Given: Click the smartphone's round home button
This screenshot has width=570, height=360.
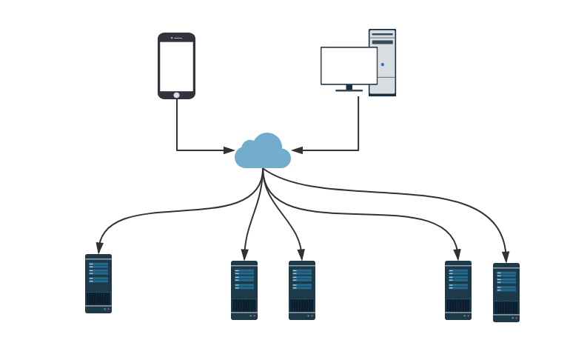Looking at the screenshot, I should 176,95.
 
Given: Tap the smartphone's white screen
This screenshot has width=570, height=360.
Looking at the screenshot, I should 176,66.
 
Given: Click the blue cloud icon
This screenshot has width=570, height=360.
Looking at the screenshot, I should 263,152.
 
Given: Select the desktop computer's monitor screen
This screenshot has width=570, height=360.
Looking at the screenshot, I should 349,66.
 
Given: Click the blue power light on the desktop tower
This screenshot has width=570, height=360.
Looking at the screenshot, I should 383,64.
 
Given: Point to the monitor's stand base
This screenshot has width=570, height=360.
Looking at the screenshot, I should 349,90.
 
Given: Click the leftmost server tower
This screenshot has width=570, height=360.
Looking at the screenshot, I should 98,284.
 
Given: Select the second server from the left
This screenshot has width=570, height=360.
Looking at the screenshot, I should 244,290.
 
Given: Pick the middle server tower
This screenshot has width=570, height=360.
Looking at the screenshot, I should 302,290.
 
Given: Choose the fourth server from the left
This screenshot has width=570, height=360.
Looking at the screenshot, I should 458,290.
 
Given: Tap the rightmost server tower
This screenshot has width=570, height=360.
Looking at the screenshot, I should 506,292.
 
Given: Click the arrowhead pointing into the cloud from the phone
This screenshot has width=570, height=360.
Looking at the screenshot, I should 229,150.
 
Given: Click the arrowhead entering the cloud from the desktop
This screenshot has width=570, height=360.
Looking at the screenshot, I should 297,150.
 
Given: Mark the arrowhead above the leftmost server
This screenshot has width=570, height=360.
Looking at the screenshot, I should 98,249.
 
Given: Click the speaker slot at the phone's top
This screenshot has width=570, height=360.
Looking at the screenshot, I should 178,38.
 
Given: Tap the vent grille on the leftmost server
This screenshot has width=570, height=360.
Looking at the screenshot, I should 98,299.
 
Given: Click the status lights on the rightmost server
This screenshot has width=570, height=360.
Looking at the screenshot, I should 514,318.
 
